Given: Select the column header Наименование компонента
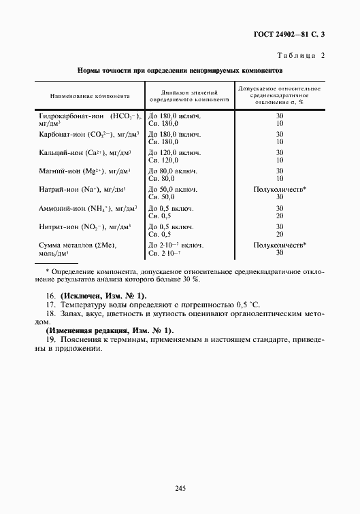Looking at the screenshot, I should [x=85, y=96].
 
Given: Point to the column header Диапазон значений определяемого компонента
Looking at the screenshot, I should [x=189, y=96].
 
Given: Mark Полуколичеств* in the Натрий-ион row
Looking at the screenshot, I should [x=280, y=189].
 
